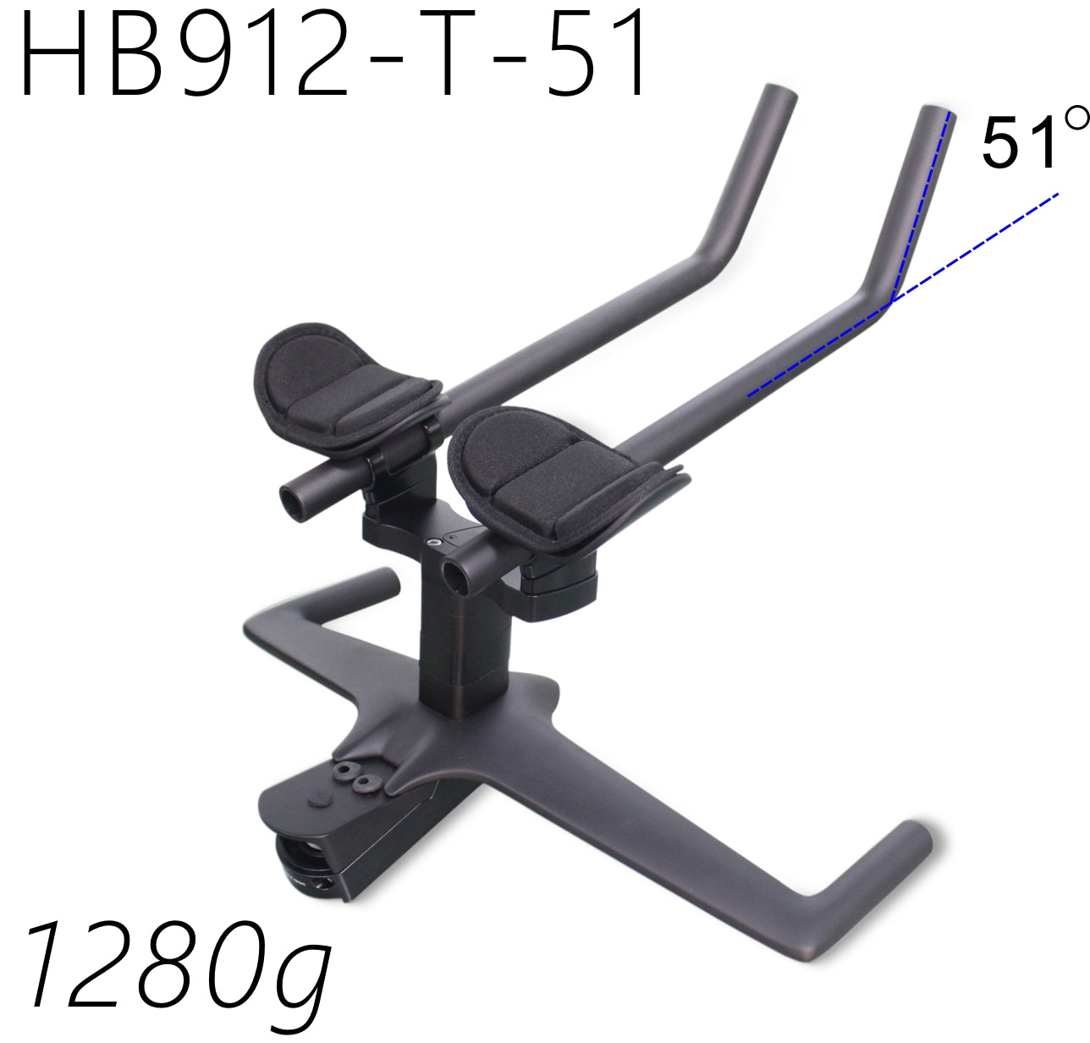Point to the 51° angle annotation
click(1034, 138)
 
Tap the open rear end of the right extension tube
click(455, 577)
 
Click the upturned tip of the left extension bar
click(779, 93)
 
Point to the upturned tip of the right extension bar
click(937, 113)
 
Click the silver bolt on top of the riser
click(433, 542)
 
